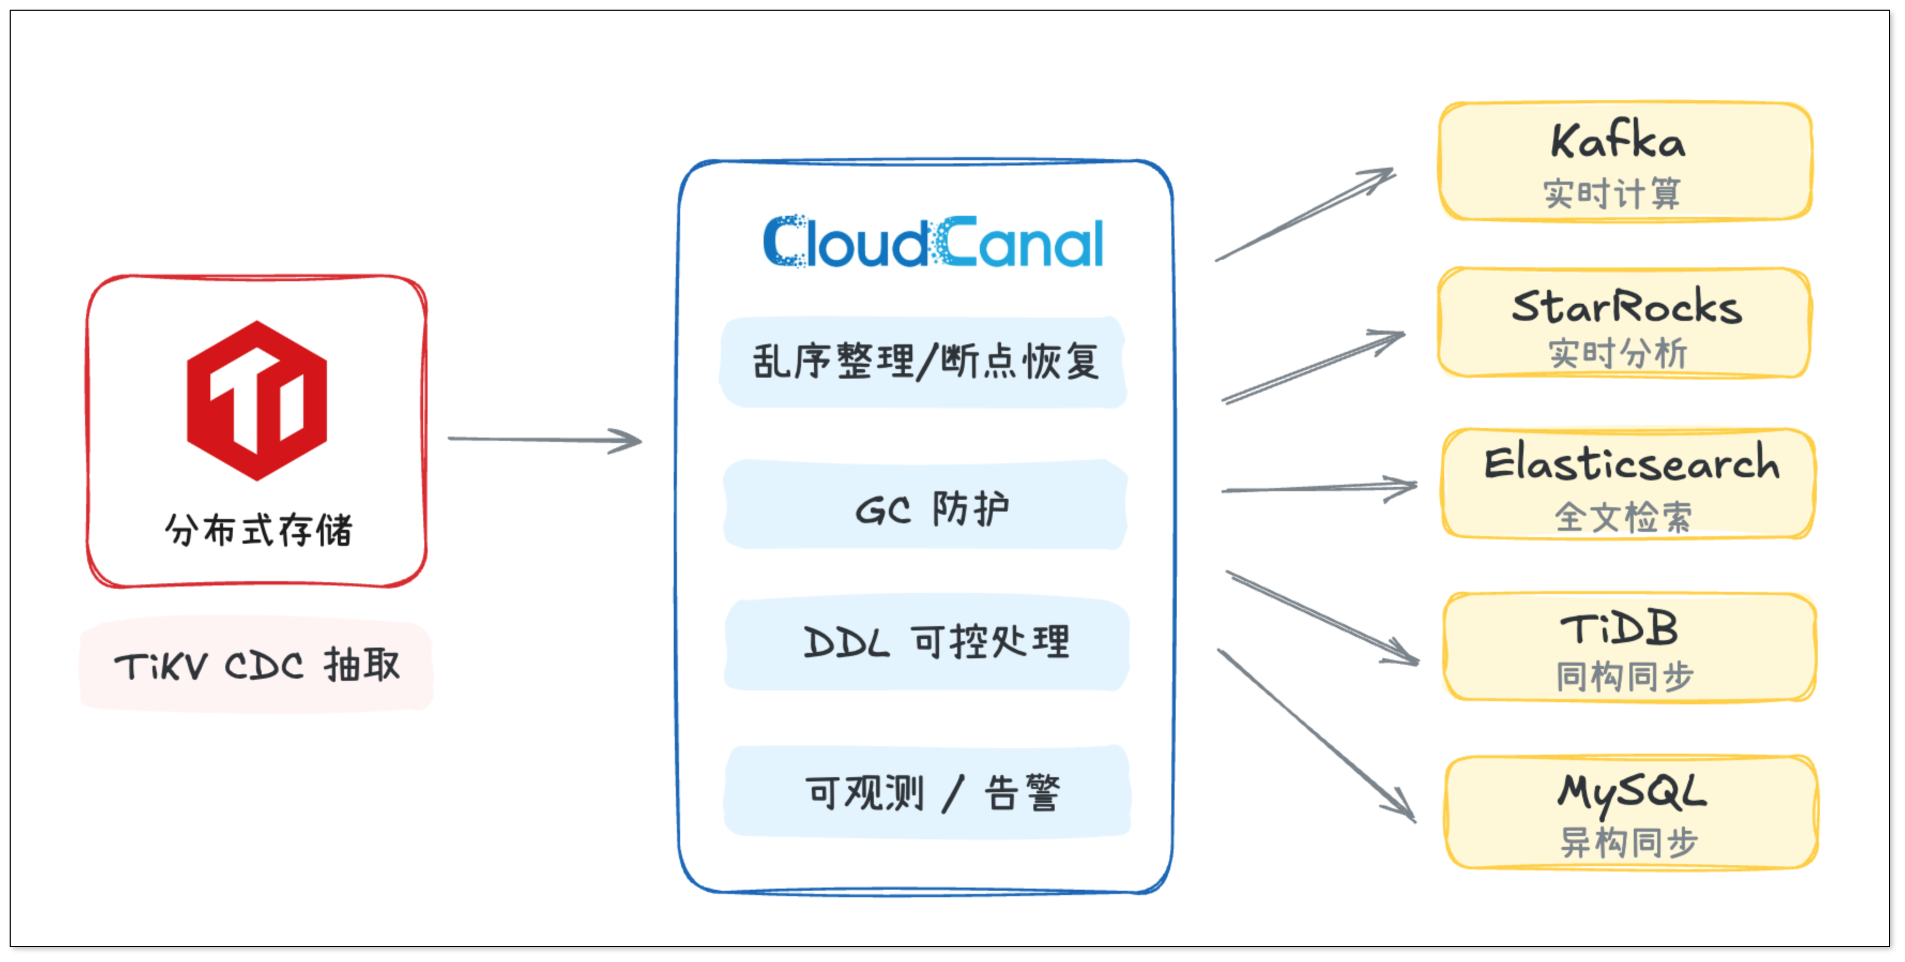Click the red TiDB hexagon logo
(257, 400)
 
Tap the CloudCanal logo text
(933, 242)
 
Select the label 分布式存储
(258, 530)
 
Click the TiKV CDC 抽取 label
(257, 665)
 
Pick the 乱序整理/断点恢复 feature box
(924, 362)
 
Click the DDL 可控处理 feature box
(927, 642)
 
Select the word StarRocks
(1626, 306)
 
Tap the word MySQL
(1632, 793)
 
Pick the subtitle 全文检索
(1622, 516)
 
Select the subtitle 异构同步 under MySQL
(1628, 841)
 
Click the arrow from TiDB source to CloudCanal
(545, 440)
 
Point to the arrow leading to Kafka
(1305, 215)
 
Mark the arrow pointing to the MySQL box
(1317, 735)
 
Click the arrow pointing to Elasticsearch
(1319, 488)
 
